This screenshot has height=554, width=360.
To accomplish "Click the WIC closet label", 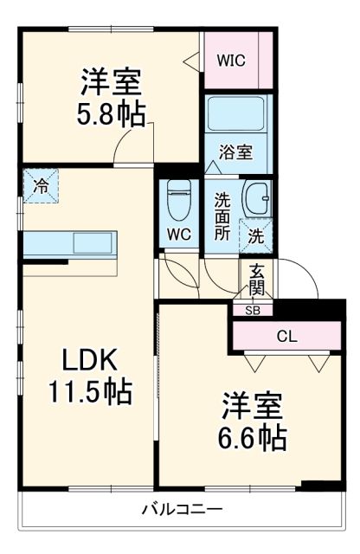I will (230, 61).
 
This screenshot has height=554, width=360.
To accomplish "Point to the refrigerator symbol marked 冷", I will (40, 184).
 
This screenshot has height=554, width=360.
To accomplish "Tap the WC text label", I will (180, 235).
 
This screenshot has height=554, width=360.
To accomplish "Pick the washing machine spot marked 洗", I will (257, 234).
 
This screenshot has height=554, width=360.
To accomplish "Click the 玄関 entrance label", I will (256, 278).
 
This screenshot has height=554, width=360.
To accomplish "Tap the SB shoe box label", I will (252, 309).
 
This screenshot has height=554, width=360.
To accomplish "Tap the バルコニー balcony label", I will (182, 510).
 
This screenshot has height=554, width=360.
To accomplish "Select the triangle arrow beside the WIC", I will (190, 61).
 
